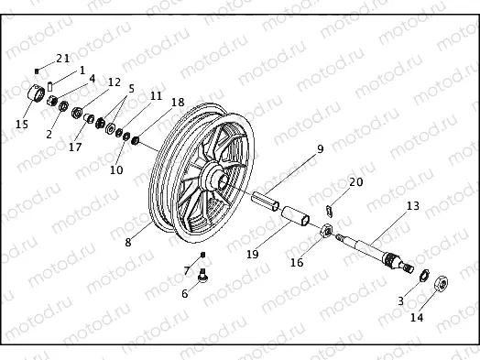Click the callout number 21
coord(63,59)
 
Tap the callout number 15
coord(22,124)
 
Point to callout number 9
coord(321,149)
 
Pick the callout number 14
coord(417,319)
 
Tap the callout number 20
coord(355,182)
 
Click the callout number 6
coord(184,293)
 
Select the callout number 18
coord(178,103)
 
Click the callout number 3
coord(399,300)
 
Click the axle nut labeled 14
coord(441,283)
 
